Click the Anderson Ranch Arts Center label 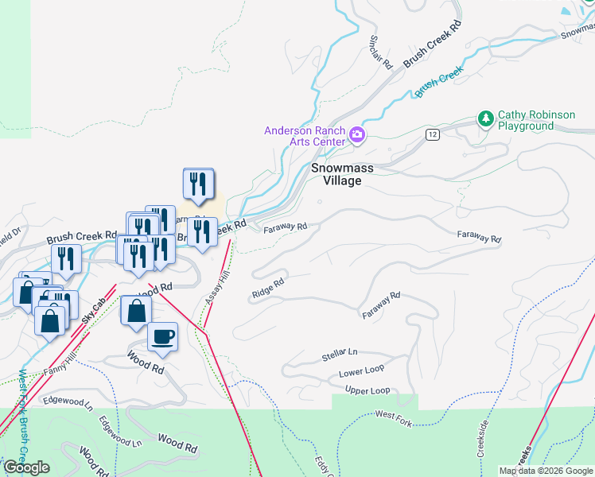click(305, 136)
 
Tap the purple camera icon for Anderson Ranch click(358, 136)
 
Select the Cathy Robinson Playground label click(536, 121)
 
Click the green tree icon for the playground click(485, 119)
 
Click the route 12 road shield click(432, 134)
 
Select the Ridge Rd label click(268, 288)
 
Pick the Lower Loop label click(361, 371)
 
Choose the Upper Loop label click(367, 390)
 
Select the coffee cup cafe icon click(162, 335)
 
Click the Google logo click(27, 467)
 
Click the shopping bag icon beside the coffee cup click(135, 311)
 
